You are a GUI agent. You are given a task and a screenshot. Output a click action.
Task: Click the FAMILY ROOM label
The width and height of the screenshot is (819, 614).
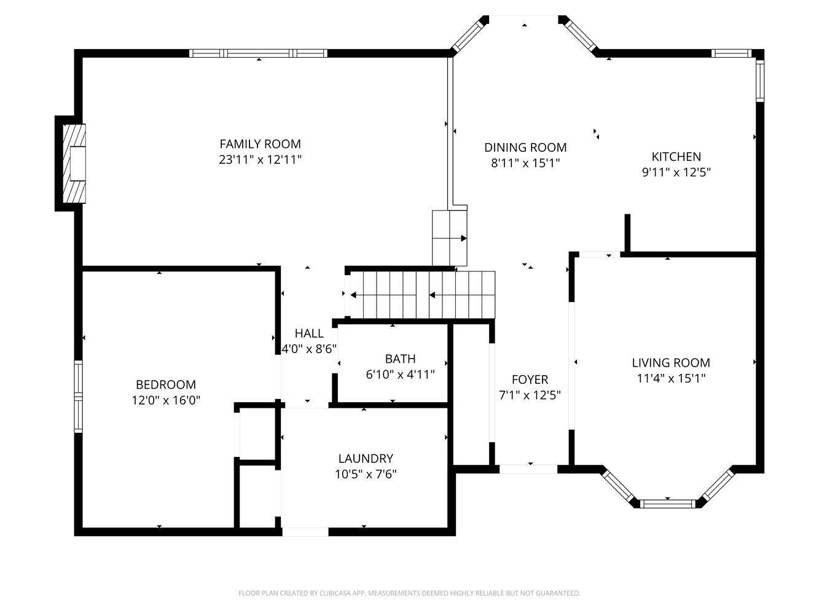[260, 144]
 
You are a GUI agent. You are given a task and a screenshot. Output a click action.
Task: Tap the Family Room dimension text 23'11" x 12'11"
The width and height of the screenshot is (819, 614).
[260, 160]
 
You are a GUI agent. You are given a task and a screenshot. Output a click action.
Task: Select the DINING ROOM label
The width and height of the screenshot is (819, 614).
[525, 147]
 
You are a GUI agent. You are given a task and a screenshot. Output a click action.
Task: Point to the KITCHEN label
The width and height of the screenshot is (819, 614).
[676, 157]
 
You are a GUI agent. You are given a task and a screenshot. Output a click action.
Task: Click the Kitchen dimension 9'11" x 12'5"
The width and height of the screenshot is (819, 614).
[676, 173]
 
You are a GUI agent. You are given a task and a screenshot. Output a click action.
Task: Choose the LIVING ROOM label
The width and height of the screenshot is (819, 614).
[671, 363]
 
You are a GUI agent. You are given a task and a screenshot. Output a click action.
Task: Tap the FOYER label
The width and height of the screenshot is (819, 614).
[530, 379]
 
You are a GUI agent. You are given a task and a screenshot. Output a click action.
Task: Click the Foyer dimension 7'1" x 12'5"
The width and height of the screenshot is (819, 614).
[530, 395]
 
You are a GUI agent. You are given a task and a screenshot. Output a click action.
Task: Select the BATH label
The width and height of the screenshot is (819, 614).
[401, 359]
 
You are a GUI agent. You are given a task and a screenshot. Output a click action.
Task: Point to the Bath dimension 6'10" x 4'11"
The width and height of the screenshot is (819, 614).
[401, 375]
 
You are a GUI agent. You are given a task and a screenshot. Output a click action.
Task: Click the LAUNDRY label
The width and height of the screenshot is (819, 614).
[366, 459]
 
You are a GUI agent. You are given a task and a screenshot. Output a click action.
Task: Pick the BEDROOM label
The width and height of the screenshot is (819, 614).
[166, 385]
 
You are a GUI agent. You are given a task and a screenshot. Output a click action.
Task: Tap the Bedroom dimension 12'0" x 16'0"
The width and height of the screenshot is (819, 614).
[166, 400]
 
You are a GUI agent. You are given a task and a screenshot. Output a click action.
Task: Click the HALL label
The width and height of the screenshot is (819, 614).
[309, 333]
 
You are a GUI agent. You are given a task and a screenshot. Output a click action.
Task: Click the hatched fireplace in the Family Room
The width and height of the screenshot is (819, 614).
[74, 164]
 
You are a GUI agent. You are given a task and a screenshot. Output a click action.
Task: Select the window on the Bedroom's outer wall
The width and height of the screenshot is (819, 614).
[79, 397]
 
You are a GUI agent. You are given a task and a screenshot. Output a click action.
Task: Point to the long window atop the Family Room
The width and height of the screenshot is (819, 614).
[258, 53]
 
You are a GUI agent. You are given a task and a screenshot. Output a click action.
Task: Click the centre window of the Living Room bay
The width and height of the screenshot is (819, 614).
[668, 504]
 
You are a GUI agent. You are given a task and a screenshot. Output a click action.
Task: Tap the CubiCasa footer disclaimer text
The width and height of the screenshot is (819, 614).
[409, 593]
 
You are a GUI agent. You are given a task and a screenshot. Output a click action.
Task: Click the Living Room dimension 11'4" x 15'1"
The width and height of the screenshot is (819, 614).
[671, 378]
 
